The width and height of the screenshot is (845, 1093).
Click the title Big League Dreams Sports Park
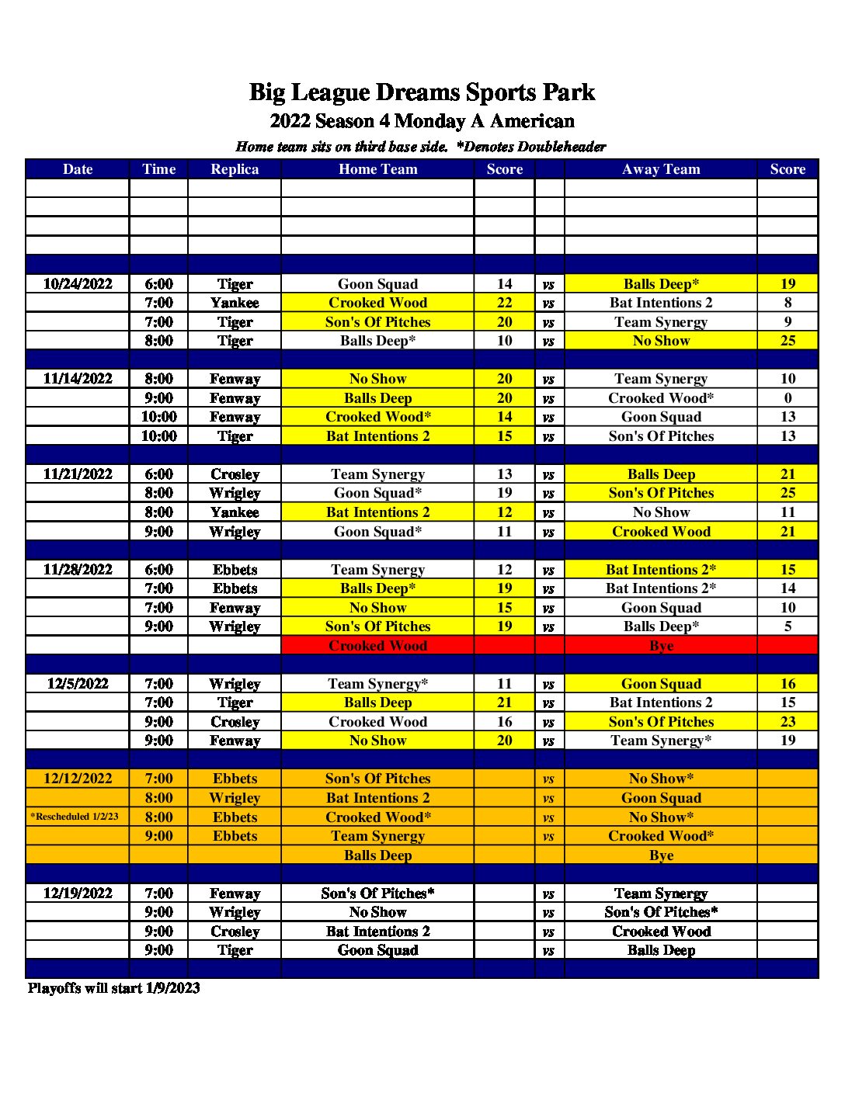coord(422,92)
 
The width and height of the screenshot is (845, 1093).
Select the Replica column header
coord(235,169)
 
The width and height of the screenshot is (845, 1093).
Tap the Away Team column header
coord(661,169)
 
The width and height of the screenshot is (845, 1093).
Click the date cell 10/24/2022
coord(78,284)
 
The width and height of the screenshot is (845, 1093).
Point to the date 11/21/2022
coord(78,474)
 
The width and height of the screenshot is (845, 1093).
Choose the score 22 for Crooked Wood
coord(505,303)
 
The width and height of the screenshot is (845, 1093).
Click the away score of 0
coord(788,398)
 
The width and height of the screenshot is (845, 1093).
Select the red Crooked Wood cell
coord(377,646)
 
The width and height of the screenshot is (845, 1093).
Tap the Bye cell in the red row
coord(661,646)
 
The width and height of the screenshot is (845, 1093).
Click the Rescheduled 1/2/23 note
coord(75,817)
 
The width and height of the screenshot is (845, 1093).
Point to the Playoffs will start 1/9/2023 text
coord(114,988)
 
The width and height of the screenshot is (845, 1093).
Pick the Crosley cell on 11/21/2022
coord(235,474)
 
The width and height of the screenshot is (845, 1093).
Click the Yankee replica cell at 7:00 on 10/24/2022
coord(235,303)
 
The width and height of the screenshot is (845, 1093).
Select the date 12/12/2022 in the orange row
coord(78,779)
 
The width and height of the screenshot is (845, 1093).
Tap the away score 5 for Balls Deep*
coord(788,626)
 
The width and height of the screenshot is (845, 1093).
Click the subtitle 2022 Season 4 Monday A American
coord(422,121)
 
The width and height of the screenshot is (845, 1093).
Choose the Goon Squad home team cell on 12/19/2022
coord(377,950)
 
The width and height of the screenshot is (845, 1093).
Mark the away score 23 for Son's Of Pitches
coord(788,722)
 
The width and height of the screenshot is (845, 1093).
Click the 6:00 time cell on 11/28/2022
coord(158,570)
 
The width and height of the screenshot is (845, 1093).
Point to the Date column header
coord(78,169)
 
